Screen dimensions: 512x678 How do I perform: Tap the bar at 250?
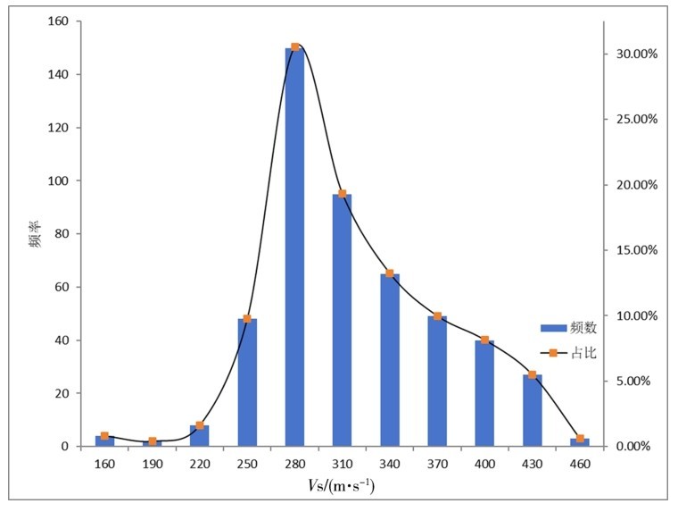[x=247, y=382]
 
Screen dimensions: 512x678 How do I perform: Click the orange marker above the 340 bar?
[x=390, y=273]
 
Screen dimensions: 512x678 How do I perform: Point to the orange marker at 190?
[x=153, y=441]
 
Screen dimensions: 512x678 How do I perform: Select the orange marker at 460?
[x=580, y=439]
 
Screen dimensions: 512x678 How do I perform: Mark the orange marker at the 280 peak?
[x=294, y=46]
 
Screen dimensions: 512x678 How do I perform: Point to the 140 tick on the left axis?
[x=63, y=75]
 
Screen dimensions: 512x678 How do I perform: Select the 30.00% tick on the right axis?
[x=635, y=54]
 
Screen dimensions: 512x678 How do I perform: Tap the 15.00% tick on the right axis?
[x=635, y=250]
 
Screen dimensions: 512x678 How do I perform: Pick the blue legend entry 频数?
[x=569, y=328]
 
